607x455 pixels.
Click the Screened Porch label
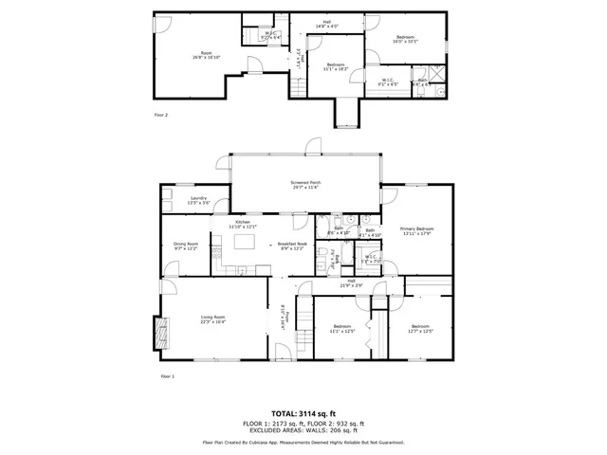[x=305, y=185]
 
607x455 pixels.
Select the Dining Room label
[x=185, y=246]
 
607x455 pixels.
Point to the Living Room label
[x=212, y=318]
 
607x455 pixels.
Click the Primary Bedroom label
[x=416, y=230]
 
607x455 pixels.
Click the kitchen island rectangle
[x=243, y=243]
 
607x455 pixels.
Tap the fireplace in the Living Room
[x=157, y=333]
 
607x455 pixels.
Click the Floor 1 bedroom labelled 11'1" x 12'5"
[x=340, y=329]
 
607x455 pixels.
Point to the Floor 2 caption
[x=161, y=115]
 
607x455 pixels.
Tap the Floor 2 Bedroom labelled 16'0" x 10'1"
[x=406, y=39]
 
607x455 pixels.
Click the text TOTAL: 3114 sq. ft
[x=303, y=413]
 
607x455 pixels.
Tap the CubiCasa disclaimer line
[x=303, y=442]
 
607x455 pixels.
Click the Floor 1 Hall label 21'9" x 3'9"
[x=351, y=282]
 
